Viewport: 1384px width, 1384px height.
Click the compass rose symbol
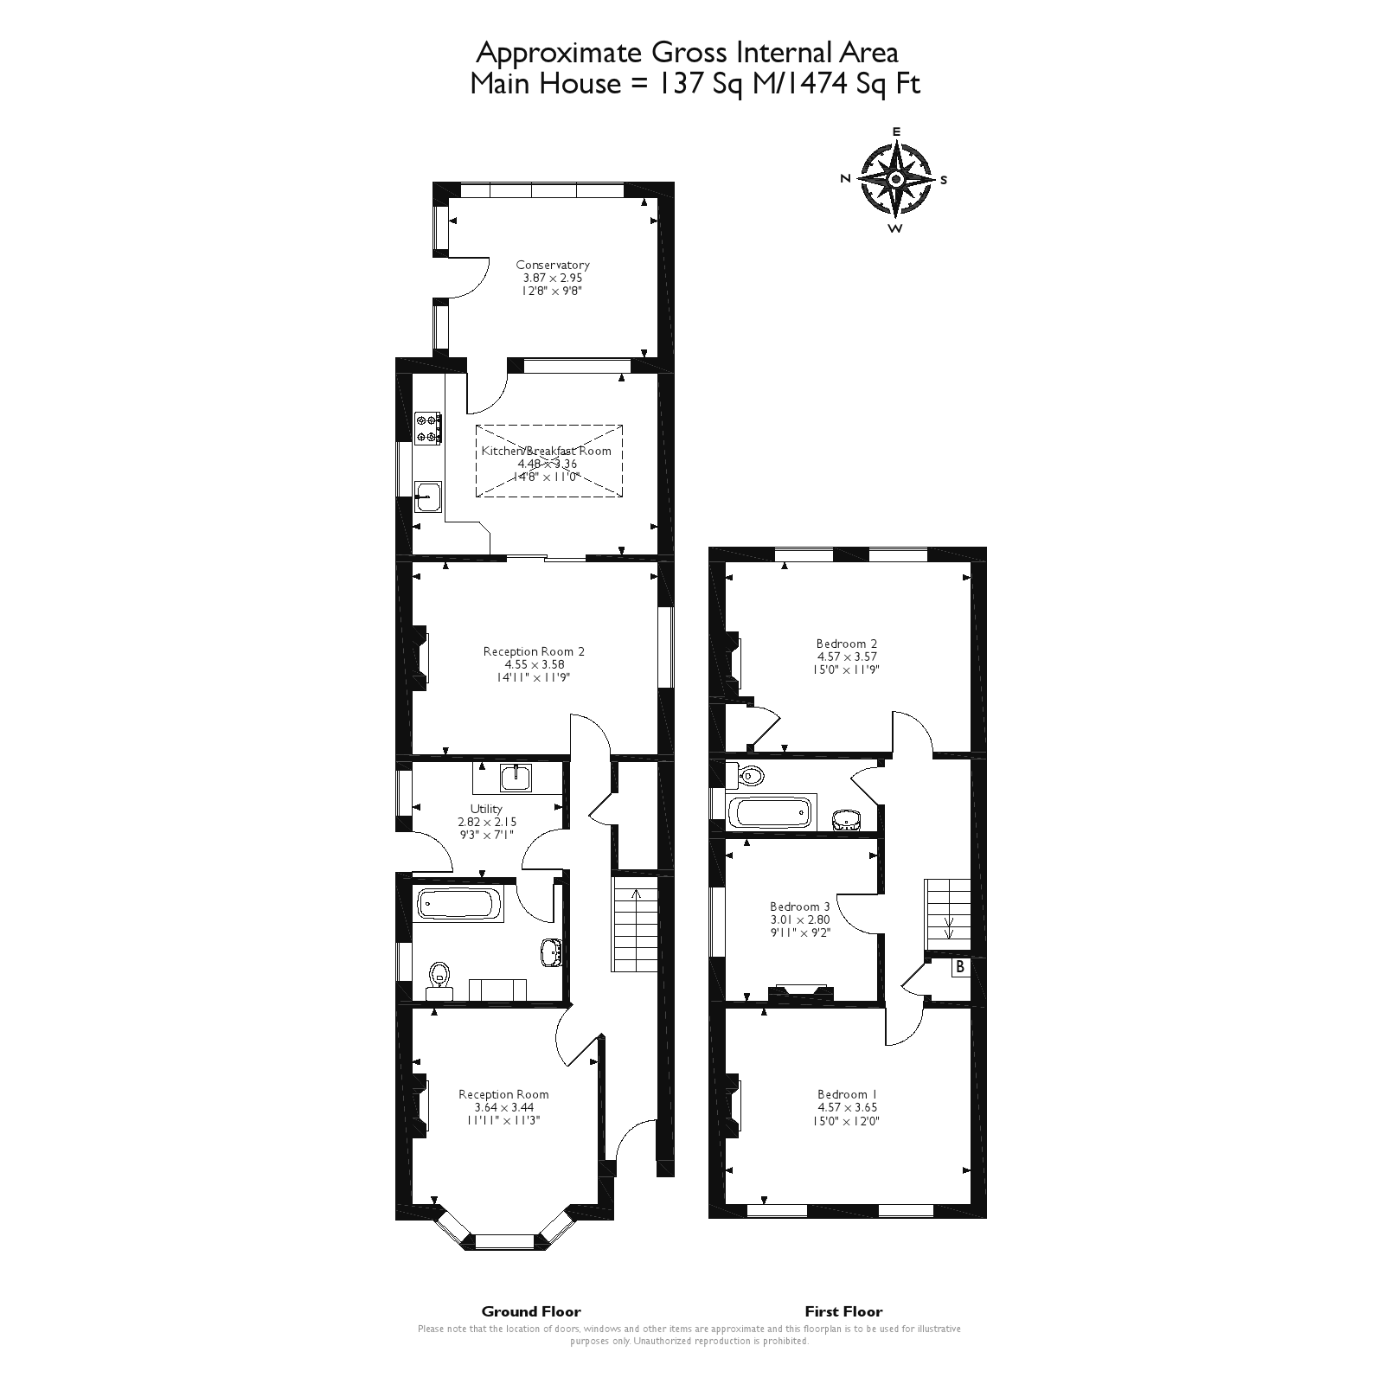[x=896, y=179]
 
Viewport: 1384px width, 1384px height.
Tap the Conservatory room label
[x=553, y=266]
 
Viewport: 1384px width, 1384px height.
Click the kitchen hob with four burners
[x=428, y=428]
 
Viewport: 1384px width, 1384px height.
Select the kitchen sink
[x=427, y=497]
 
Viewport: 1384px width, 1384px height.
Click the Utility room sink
[x=516, y=778]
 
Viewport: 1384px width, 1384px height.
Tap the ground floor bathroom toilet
[x=439, y=975]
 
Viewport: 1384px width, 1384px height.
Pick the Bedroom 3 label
[x=800, y=907]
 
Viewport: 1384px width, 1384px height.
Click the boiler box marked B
[x=960, y=968]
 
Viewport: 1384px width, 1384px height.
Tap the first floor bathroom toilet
[x=745, y=776]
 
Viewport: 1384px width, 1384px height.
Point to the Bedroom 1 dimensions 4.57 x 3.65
[x=847, y=1107]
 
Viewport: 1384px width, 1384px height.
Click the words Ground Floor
[x=531, y=1311]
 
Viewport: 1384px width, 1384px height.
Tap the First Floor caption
[x=843, y=1311]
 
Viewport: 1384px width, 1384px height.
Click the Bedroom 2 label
[x=847, y=644]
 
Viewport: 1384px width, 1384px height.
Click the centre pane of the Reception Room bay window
[x=506, y=1242]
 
